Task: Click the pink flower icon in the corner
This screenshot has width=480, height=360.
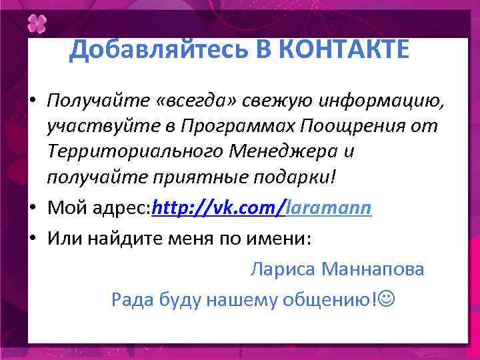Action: pos(37,25)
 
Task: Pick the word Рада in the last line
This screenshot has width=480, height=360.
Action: pos(133,299)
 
